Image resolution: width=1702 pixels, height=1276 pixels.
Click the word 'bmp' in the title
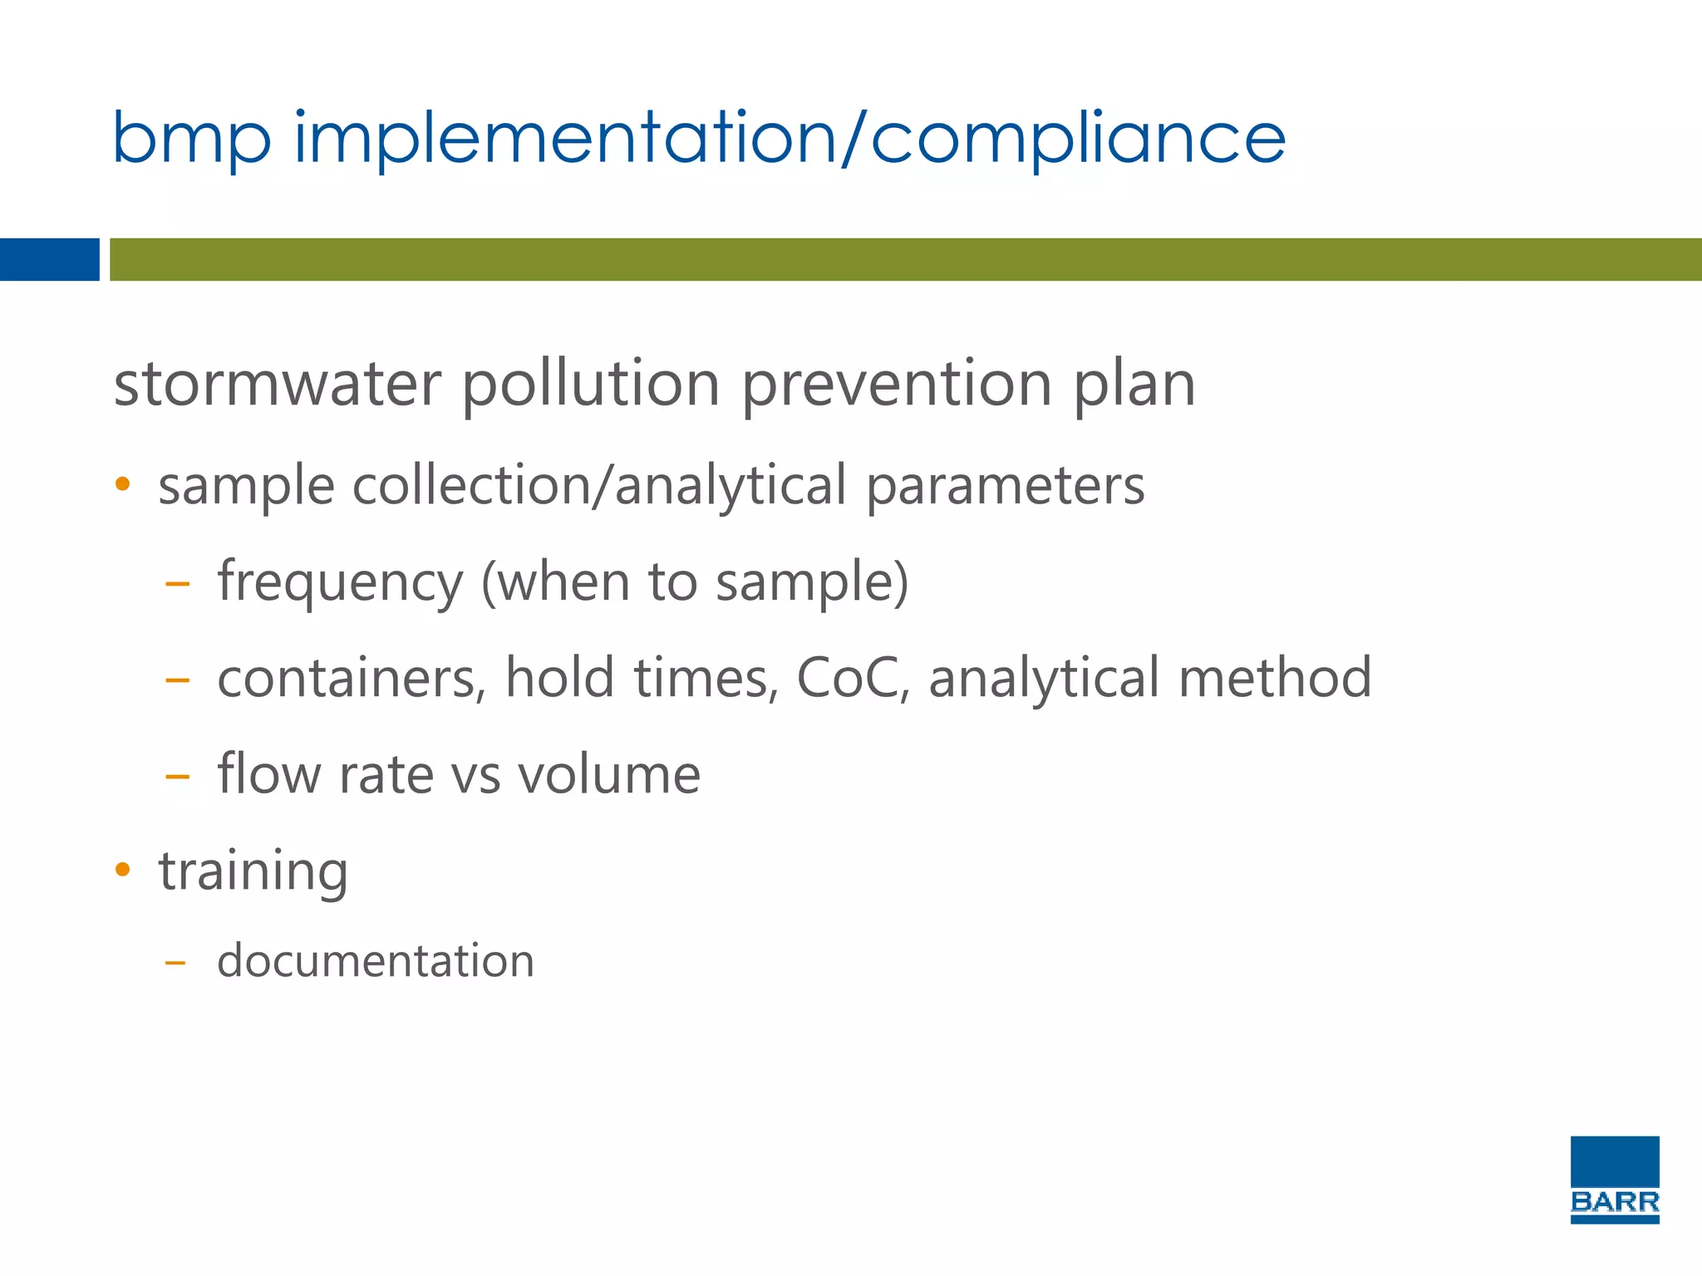191,140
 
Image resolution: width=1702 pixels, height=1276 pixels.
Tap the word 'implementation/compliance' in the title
790,138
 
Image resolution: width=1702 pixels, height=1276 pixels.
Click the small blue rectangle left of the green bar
49,259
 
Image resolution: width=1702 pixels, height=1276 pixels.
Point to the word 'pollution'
590,385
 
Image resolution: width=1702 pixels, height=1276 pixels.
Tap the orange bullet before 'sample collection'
123,484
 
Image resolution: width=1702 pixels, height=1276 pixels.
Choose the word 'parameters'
1006,487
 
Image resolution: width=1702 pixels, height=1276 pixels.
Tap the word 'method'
1275,678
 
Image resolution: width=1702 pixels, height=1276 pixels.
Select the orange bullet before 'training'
123,870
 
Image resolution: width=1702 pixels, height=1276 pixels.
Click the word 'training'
253,872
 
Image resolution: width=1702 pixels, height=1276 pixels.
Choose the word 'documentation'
376,961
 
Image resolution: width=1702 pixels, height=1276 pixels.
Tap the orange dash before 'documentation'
175,963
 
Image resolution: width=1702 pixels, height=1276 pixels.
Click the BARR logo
1614,1179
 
